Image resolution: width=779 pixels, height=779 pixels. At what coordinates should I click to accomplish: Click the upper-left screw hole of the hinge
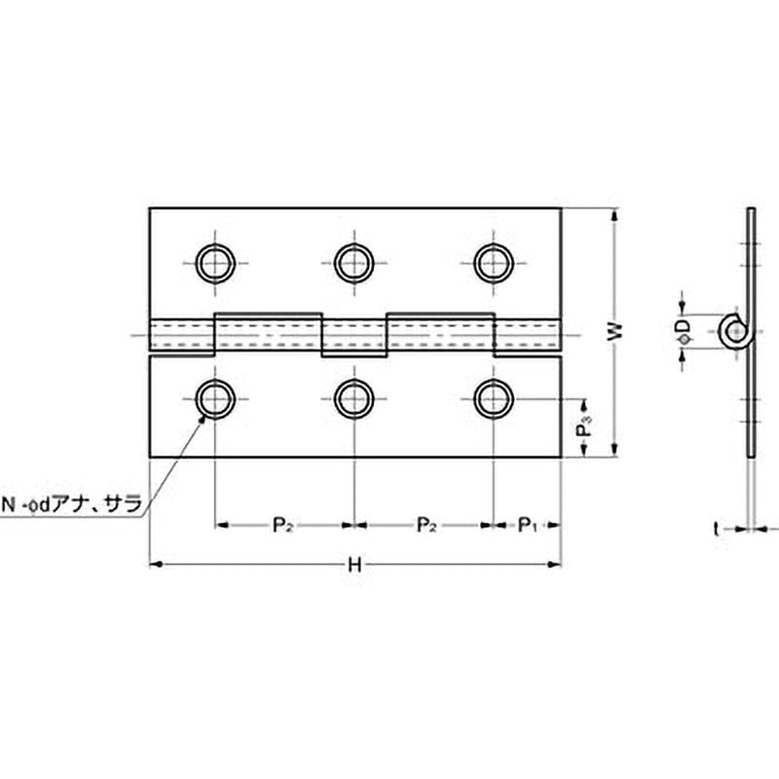pos(214,262)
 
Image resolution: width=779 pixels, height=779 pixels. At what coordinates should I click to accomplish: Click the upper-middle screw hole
pos(354,262)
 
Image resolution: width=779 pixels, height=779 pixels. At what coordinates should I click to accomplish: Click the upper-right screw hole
pos(494,262)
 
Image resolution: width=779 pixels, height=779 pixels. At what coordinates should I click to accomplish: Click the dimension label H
pos(355,564)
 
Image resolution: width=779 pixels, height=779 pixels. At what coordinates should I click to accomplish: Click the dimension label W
pos(612,332)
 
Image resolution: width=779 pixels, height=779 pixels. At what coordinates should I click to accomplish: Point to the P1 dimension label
pos(528,526)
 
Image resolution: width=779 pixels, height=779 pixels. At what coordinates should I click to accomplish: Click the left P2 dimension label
pos(282,526)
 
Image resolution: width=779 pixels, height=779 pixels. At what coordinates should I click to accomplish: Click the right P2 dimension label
pos(426,526)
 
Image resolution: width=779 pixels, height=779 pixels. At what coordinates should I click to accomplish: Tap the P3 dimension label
pos(583,427)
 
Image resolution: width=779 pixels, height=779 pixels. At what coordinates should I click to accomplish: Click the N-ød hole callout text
pos(72,503)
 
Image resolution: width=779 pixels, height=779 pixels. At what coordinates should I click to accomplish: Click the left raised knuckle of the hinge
pos(268,333)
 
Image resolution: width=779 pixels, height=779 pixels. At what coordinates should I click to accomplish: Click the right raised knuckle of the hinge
pos(440,333)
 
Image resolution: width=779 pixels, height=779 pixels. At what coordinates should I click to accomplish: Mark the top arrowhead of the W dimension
pos(613,215)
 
